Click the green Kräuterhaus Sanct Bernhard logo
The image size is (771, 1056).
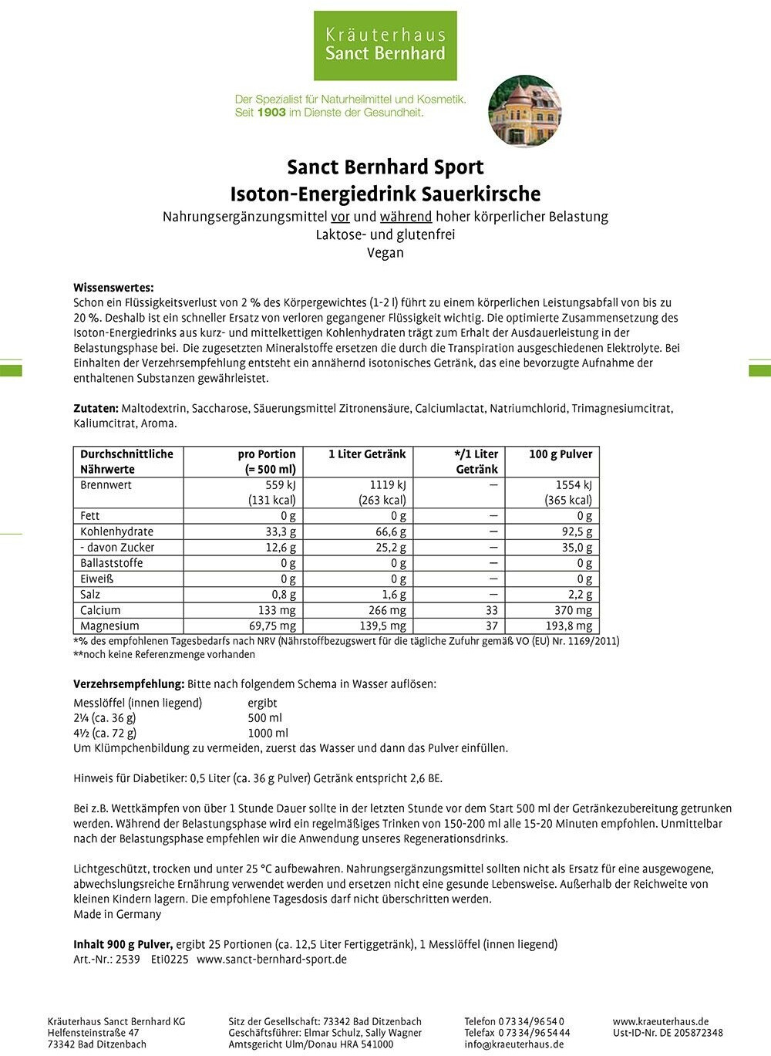pos(385,44)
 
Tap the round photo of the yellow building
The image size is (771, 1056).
pos(525,111)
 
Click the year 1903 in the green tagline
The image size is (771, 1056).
pos(271,113)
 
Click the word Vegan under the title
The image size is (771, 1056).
pos(385,252)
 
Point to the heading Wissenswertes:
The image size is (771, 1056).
pos(113,288)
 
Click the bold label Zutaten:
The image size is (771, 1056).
pos(96,408)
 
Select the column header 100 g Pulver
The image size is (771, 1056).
pos(561,454)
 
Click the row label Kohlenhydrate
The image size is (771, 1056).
pos(116,531)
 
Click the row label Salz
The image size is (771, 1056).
pos(90,594)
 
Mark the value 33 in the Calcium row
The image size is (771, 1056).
pos(491,610)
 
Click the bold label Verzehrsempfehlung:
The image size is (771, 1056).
pos(129,684)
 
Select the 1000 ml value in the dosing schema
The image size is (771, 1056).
pos(268,733)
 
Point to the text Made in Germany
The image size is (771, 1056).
pos(117,914)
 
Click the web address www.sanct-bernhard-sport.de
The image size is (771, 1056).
pos(271,960)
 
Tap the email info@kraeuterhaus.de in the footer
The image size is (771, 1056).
pos(513,1044)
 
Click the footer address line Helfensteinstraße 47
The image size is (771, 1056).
pos(93,1033)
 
